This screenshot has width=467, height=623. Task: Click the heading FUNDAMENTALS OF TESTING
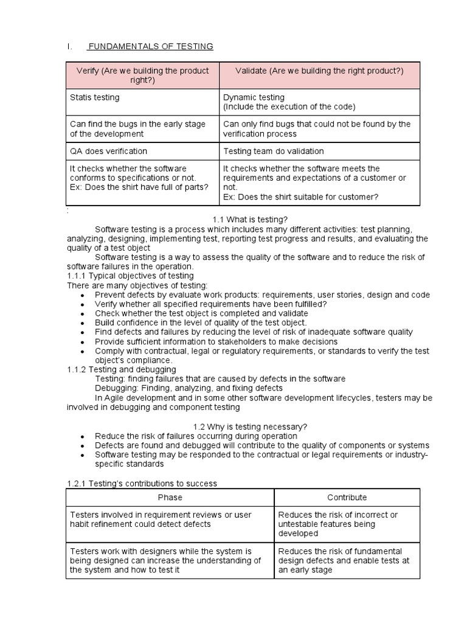(151, 46)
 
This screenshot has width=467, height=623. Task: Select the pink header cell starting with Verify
(142, 75)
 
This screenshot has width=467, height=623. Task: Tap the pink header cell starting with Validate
(319, 71)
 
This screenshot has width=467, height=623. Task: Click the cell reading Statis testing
(95, 97)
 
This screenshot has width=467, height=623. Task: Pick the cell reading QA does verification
(109, 151)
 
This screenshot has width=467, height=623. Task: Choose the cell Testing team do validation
(274, 151)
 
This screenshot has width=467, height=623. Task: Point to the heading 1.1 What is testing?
(250, 219)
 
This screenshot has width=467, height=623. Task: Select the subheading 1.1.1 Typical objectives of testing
(130, 276)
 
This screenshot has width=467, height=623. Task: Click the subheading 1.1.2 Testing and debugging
(121, 369)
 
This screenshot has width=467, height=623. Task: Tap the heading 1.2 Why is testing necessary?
(250, 426)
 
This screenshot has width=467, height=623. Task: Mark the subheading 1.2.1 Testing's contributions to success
(142, 483)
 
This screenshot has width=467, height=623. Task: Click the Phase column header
(170, 497)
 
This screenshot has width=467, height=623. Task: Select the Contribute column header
(347, 497)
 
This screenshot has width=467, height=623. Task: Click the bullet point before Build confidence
(82, 323)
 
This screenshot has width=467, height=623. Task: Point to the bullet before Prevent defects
(82, 295)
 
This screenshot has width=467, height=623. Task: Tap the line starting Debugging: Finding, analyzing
(189, 388)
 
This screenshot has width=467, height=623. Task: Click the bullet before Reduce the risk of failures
(82, 436)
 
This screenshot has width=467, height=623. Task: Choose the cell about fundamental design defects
(344, 560)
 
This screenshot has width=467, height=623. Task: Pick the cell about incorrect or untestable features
(338, 524)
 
